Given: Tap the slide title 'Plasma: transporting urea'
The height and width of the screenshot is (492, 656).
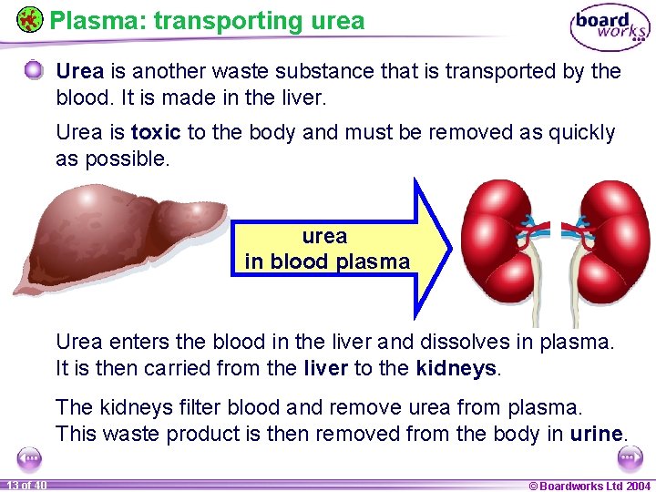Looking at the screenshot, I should pos(207,20).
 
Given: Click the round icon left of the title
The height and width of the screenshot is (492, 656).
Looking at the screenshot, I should pos(30,18).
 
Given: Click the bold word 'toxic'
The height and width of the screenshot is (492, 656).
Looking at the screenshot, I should pos(156,132).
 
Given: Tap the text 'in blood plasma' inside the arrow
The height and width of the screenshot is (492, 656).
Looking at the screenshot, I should pos(327,261).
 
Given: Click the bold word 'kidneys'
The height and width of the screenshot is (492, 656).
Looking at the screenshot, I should pos(456,369).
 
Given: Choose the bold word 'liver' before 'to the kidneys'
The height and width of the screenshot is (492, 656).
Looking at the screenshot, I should pos(324,369).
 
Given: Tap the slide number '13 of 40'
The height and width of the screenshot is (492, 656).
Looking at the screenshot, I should pos(25,484).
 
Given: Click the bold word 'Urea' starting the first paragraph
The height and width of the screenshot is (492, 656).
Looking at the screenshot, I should pos(79,71).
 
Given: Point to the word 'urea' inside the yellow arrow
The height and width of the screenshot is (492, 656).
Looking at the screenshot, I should pos(324,236).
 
